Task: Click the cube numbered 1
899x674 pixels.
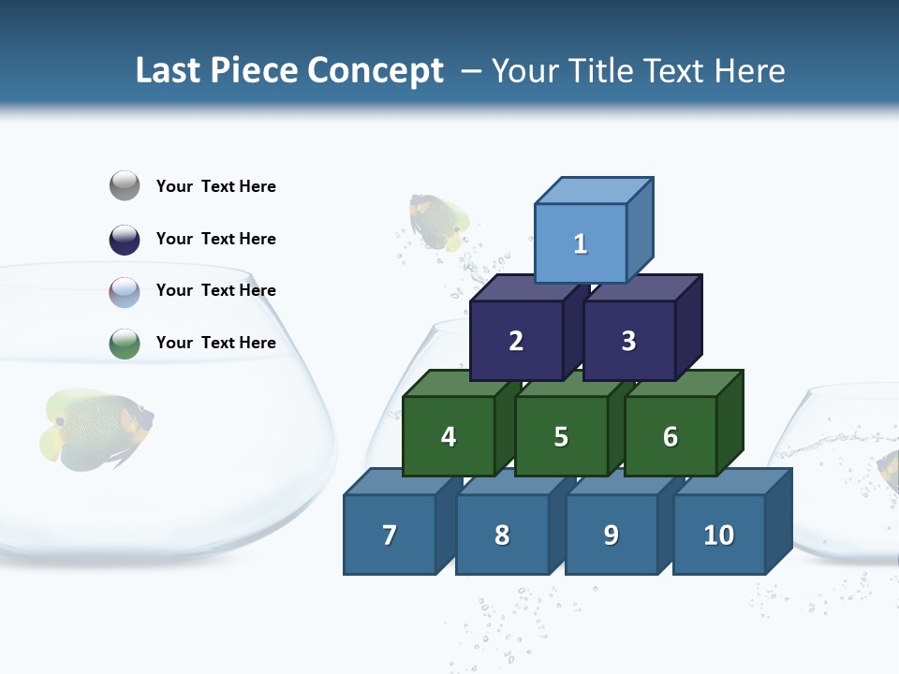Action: point(581,243)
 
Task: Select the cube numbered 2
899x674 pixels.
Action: point(516,341)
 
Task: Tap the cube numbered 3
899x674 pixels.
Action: point(628,341)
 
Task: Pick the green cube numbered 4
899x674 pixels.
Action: point(449,436)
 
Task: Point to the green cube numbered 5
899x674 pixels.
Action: point(561,436)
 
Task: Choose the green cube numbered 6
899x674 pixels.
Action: point(670,436)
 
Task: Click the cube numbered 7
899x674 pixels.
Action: point(390,535)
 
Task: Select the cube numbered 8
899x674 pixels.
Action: point(502,535)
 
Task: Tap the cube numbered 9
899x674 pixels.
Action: point(611,535)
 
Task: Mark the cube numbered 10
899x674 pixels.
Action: point(718,535)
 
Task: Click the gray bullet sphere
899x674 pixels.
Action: point(125,186)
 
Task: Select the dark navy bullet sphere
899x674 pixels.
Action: point(125,239)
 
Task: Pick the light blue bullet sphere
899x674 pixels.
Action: point(125,291)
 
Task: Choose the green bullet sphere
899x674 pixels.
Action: point(125,344)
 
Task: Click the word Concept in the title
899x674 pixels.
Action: point(376,71)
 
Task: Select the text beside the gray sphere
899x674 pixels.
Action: point(216,186)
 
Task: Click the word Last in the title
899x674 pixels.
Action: point(169,71)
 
